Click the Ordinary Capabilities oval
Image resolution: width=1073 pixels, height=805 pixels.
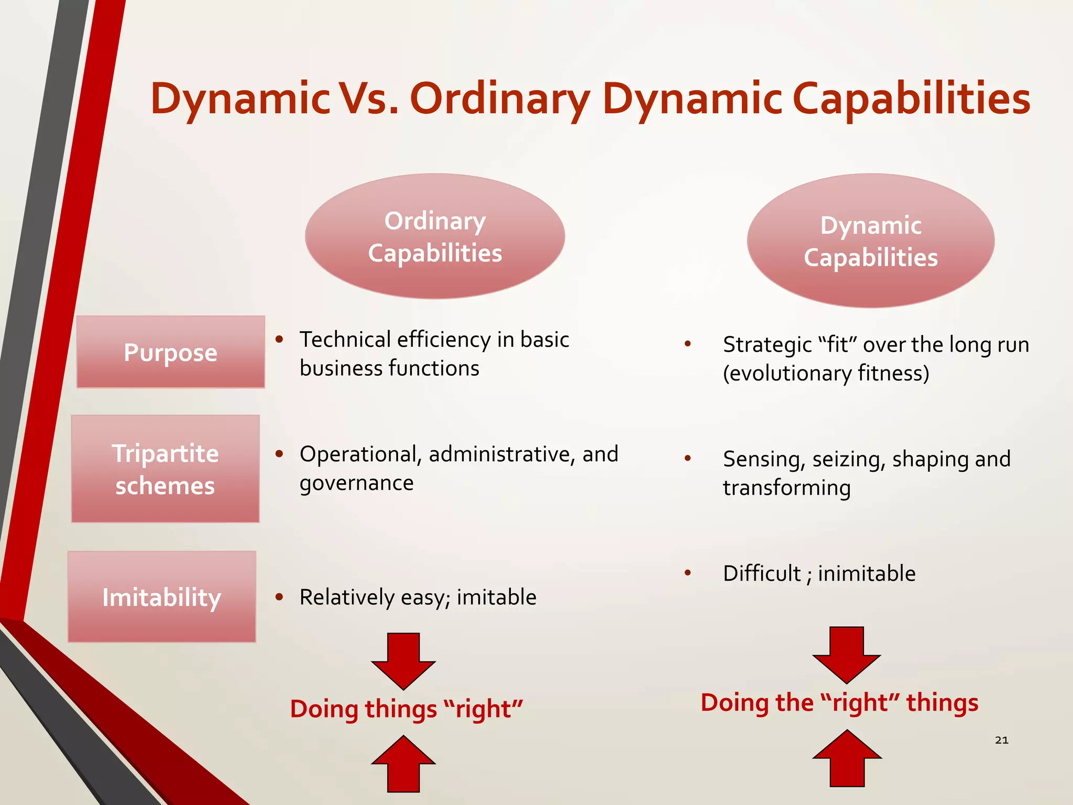(x=435, y=236)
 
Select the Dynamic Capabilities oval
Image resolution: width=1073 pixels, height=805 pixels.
(x=871, y=241)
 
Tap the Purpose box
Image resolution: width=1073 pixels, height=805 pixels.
(x=171, y=352)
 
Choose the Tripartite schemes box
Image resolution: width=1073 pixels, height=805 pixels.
(x=166, y=469)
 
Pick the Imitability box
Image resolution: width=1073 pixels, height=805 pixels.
(x=162, y=597)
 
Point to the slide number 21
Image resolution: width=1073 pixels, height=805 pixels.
(x=1001, y=740)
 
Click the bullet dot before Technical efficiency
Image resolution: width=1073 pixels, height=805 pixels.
(x=280, y=340)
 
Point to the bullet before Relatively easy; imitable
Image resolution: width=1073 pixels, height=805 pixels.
(x=280, y=597)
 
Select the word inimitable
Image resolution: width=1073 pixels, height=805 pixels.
(x=867, y=573)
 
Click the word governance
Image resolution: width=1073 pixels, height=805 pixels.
(x=356, y=483)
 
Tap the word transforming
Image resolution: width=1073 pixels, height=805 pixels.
(x=786, y=488)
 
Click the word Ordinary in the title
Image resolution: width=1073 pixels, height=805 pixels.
(x=500, y=100)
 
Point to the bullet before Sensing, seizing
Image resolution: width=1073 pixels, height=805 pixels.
(x=688, y=459)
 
